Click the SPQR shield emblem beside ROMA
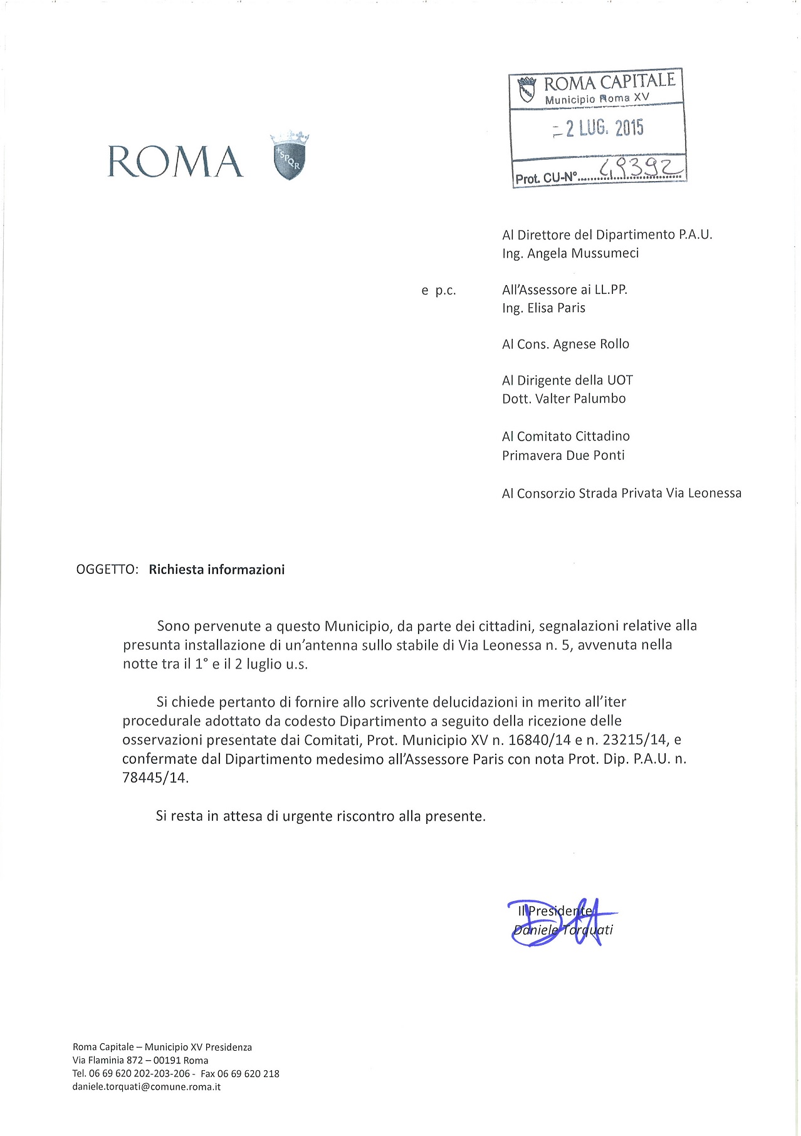(x=290, y=157)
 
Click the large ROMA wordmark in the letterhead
(x=175, y=162)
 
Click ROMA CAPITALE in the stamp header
(x=609, y=82)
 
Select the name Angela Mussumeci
(x=583, y=253)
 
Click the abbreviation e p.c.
(x=439, y=290)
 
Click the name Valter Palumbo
(x=580, y=399)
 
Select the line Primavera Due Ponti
(x=563, y=456)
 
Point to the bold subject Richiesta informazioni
(x=217, y=570)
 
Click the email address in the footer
(x=147, y=1086)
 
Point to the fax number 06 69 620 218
(x=248, y=1073)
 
